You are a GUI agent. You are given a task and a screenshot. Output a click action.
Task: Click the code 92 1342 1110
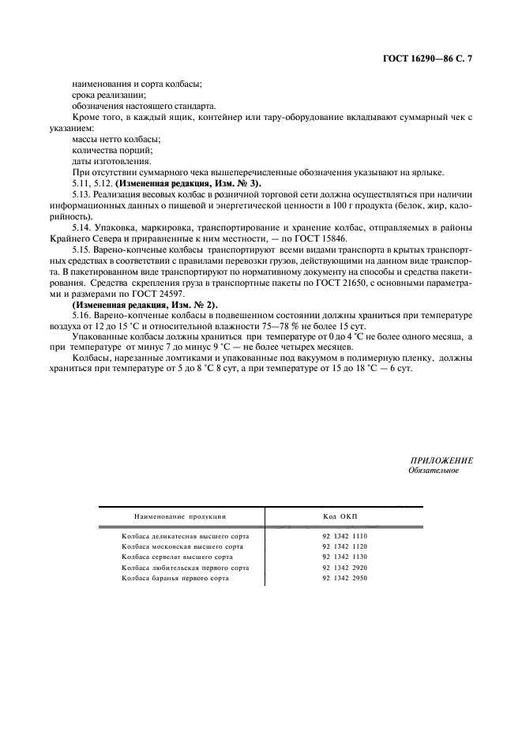(x=345, y=536)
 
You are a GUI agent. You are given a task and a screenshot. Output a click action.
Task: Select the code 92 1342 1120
(x=345, y=546)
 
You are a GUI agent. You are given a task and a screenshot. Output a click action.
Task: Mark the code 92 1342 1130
(x=345, y=557)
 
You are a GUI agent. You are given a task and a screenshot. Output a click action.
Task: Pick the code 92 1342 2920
(x=345, y=568)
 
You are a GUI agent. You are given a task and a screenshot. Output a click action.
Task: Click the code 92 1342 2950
(x=345, y=579)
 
